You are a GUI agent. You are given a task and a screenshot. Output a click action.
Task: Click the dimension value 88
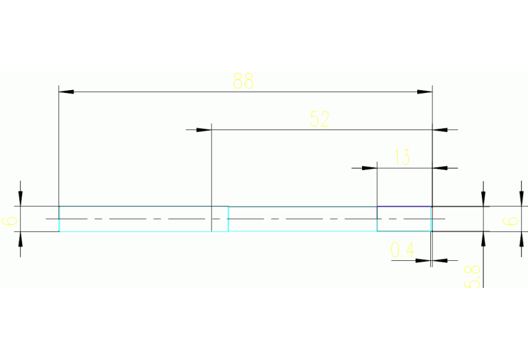243,81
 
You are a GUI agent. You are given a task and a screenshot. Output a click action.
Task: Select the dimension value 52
319,119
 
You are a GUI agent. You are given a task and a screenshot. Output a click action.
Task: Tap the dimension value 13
402,158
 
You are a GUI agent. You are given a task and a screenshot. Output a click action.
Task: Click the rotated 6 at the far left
10,221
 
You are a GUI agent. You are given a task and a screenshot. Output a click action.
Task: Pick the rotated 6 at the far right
509,221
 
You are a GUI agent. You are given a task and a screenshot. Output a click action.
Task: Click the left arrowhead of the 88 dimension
66,91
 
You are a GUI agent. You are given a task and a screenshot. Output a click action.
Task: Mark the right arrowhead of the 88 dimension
425,91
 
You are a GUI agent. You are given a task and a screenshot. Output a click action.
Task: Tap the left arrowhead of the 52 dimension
204,129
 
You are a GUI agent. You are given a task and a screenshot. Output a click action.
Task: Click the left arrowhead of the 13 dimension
370,167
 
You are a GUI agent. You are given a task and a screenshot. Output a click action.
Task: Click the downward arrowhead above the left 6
21,199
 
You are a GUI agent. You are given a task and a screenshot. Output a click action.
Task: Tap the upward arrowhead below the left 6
21,239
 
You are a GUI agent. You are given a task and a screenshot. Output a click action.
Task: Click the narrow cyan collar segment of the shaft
220,218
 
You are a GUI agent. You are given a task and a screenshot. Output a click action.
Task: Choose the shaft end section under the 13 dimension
404,218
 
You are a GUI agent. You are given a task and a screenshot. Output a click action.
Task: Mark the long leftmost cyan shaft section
135,218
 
